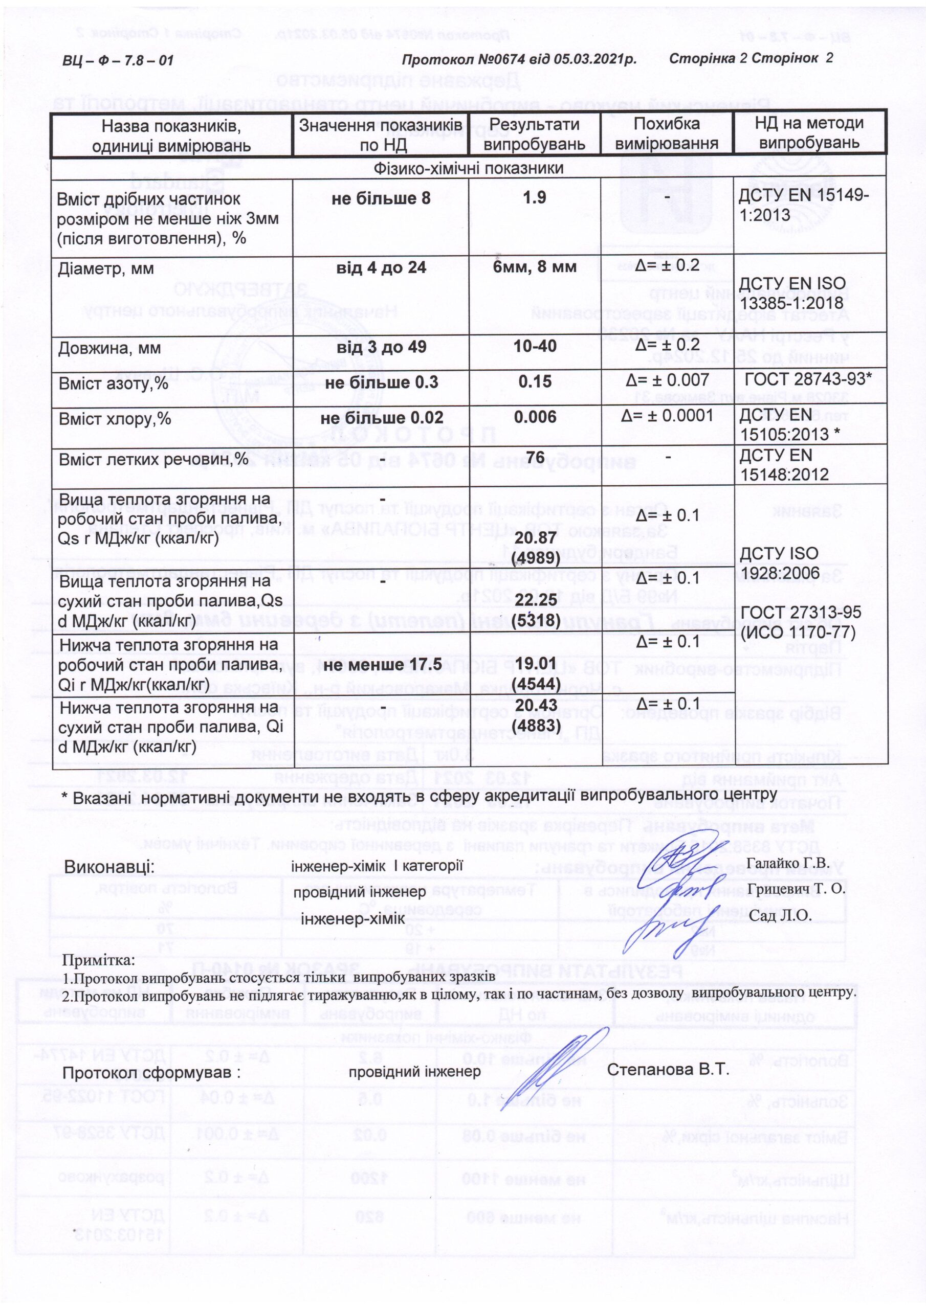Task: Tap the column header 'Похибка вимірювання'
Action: click(x=667, y=133)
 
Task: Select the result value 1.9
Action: click(x=535, y=197)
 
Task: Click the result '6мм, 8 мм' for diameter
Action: click(x=535, y=267)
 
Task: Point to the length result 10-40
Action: click(x=535, y=346)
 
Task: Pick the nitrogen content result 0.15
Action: click(x=535, y=381)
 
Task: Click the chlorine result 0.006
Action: click(x=535, y=417)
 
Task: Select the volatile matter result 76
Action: click(x=535, y=458)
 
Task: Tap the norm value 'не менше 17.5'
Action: click(x=381, y=665)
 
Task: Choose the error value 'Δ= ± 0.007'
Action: click(x=667, y=380)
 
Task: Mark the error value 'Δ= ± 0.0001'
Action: click(x=667, y=415)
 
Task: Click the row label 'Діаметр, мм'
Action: click(x=106, y=268)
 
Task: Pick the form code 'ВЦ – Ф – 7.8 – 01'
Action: click(x=118, y=60)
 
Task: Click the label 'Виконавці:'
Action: click(x=109, y=867)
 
